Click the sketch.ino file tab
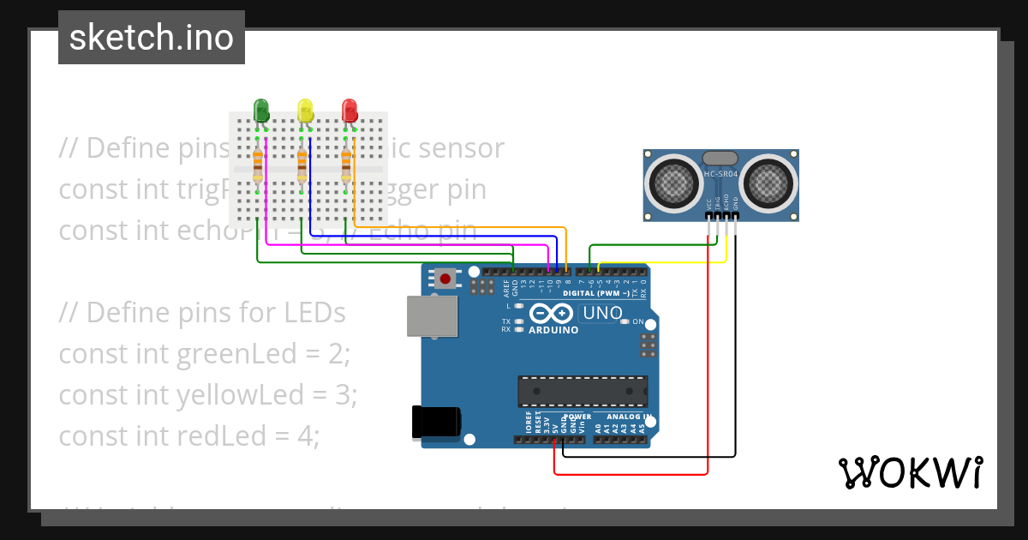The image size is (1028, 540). (x=151, y=38)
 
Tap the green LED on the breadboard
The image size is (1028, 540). (x=261, y=110)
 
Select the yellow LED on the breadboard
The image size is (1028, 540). (x=305, y=110)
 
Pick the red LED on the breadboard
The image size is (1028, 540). (x=349, y=110)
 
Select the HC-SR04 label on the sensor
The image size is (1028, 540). (x=720, y=175)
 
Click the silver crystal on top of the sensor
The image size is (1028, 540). (x=720, y=158)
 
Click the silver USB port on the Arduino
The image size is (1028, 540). (x=432, y=317)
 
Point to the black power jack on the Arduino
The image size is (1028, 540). (x=436, y=423)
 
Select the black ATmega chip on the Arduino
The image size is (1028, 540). (x=583, y=390)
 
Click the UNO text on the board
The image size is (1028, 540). (x=602, y=313)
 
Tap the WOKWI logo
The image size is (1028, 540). (x=910, y=472)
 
